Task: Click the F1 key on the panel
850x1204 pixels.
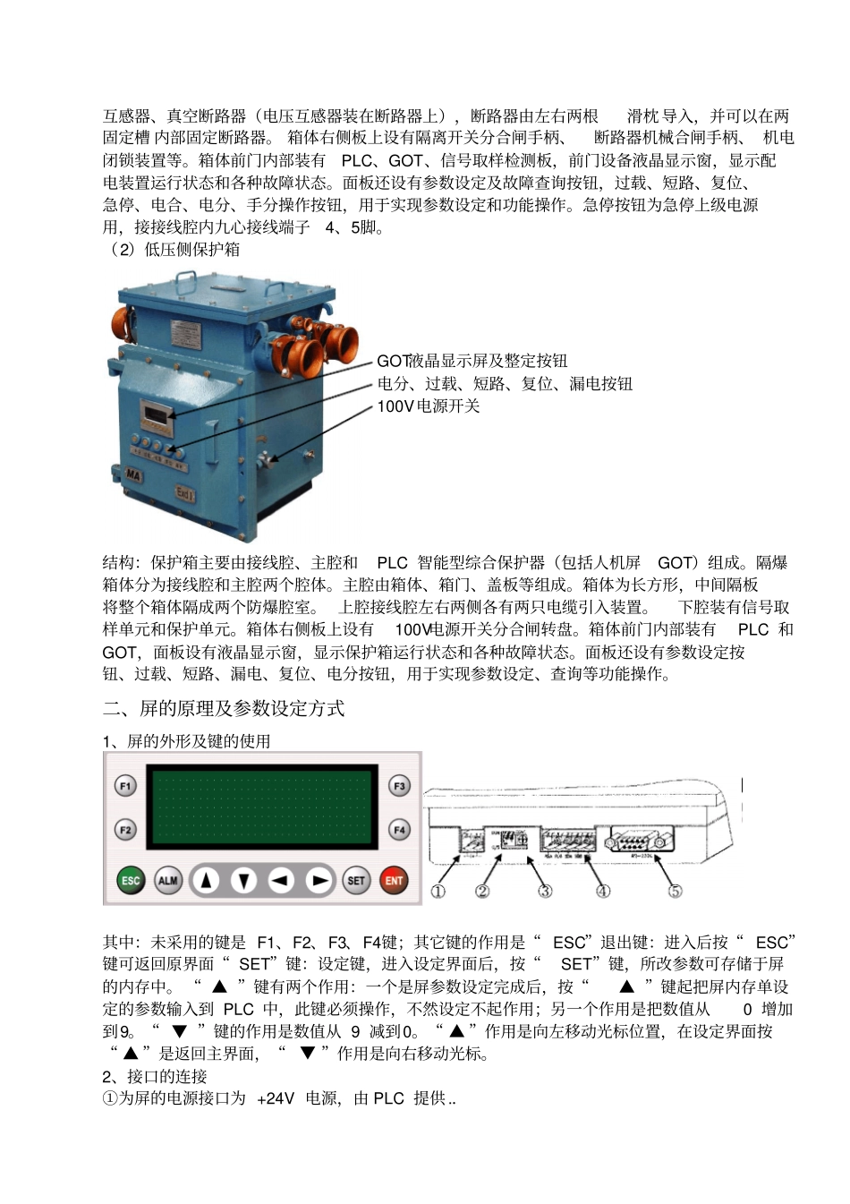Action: [x=125, y=786]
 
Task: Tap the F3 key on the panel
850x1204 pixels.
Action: [x=399, y=786]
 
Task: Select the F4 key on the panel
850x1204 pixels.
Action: [x=399, y=830]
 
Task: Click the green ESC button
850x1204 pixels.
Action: [x=131, y=880]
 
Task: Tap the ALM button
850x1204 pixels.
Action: [x=168, y=880]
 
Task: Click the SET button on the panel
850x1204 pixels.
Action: [x=356, y=880]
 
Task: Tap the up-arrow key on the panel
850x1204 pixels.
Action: [x=207, y=880]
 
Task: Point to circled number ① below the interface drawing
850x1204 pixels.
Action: [x=438, y=891]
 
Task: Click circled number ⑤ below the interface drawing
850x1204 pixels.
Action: [x=676, y=891]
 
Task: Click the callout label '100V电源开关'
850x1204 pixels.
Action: [x=428, y=406]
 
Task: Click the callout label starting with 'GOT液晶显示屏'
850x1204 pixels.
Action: [x=472, y=361]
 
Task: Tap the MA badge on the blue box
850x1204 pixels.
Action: [x=132, y=475]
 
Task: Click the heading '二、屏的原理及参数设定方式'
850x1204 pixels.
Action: [x=224, y=709]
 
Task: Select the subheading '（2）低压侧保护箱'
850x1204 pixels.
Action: [x=172, y=250]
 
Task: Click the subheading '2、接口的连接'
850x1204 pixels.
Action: [x=155, y=1076]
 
